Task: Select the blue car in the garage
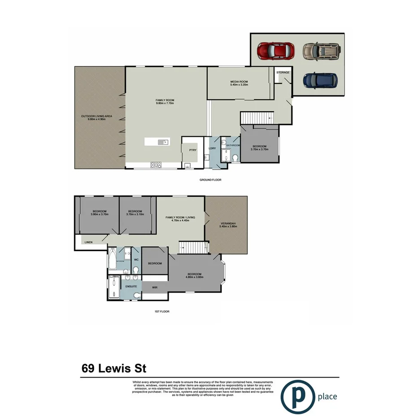coord(319,80)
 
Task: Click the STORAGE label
coord(283,72)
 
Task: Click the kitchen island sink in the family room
coord(162,142)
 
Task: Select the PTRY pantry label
coord(193,150)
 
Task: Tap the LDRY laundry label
coord(212,148)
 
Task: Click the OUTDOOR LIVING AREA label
coord(96,118)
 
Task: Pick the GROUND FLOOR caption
coord(210,180)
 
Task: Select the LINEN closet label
coord(88,242)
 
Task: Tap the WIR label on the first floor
coord(155,287)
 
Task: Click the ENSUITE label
coord(131,286)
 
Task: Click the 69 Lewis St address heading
coord(114,368)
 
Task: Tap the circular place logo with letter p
coord(297,396)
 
